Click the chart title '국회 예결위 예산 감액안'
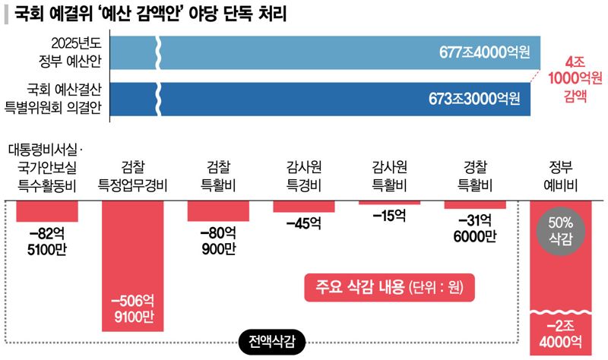coord(152,14)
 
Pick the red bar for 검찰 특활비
coord(219,210)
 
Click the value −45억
coord(304,223)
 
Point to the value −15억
coord(389,216)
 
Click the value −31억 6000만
coord(475,228)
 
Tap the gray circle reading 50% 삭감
coord(561,232)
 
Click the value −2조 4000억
coord(561,333)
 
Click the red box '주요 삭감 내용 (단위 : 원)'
coord(388,287)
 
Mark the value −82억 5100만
coord(47,241)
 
